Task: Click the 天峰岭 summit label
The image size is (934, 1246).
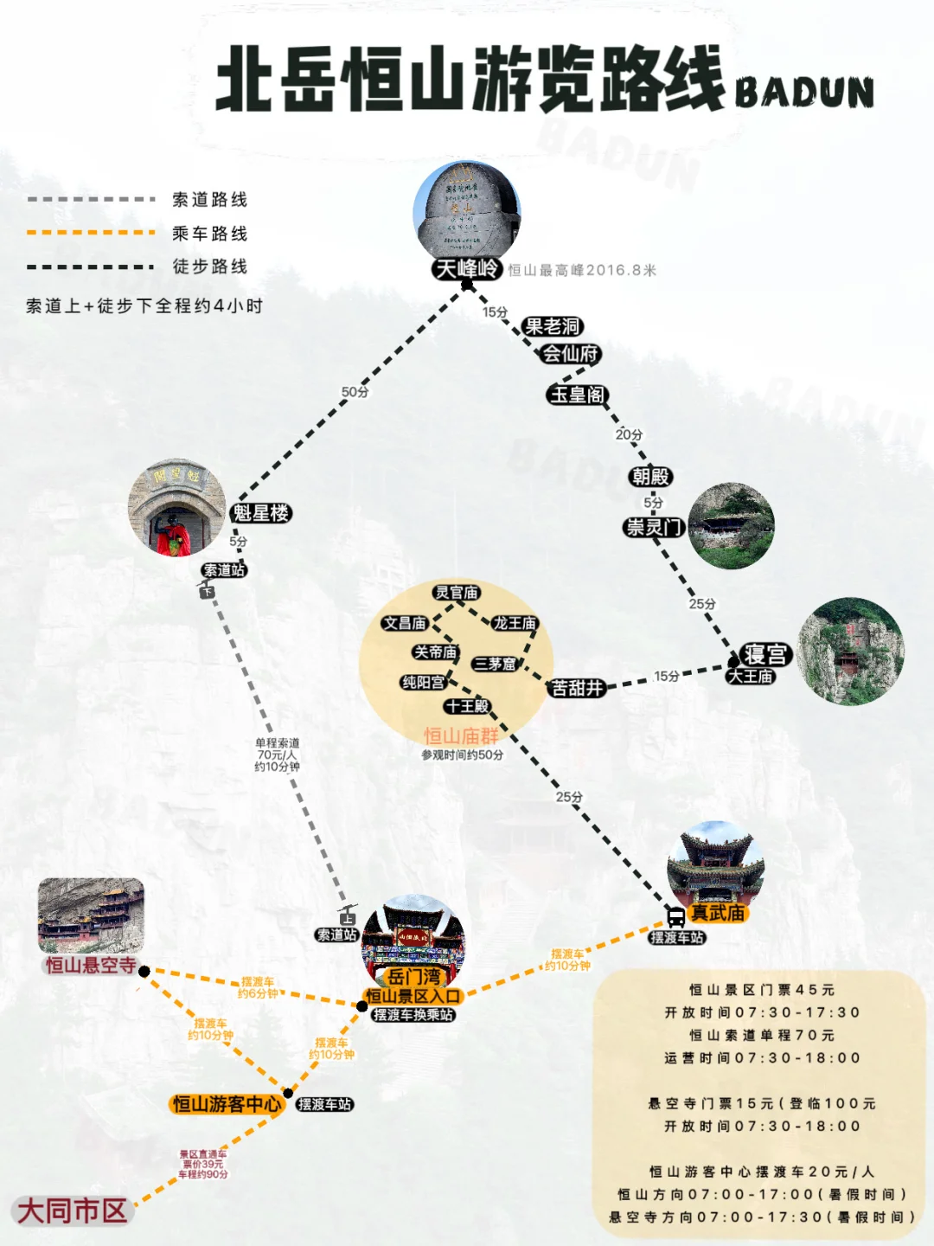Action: pos(467,269)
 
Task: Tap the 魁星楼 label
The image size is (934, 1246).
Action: pos(260,513)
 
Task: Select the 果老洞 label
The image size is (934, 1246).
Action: pos(553,326)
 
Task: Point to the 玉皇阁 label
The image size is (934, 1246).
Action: pos(578,395)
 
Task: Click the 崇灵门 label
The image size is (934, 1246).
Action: pos(654,527)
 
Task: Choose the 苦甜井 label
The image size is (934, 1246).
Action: pos(577,689)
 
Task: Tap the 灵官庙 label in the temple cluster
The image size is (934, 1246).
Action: pos(457,593)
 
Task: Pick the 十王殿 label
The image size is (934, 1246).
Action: pos(468,706)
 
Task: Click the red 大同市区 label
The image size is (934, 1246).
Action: pos(73,1211)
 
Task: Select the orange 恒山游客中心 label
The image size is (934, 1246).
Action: pos(227,1104)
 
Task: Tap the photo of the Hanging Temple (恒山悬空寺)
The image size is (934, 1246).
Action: pos(91,915)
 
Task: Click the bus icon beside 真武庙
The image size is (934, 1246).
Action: pos(676,916)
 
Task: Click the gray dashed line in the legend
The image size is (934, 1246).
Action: pos(91,200)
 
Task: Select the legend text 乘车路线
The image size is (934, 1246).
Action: pos(210,234)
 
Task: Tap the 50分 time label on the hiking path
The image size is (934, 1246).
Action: pos(355,392)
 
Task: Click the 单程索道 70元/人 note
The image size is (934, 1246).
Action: pos(277,755)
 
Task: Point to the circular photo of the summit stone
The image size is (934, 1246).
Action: pos(467,209)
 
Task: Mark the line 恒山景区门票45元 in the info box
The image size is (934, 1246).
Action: pos(762,990)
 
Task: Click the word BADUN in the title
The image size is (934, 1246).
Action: pos(804,92)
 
